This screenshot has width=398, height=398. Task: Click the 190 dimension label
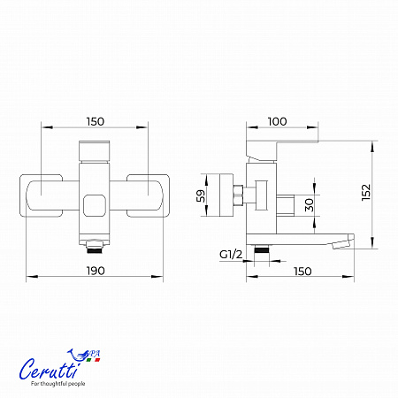tap(96, 271)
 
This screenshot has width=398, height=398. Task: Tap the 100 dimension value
tap(277, 121)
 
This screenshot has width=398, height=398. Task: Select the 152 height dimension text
tap(366, 193)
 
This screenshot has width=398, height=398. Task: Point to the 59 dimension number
tap(201, 195)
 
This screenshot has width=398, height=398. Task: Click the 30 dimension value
tap(310, 205)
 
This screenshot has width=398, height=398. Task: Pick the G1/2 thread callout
tap(231, 254)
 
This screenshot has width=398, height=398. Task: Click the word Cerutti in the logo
tap(50, 369)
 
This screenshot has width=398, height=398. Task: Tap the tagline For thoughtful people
tap(58, 384)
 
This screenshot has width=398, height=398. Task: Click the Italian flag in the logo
tap(93, 360)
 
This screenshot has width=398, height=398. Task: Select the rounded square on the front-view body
tap(95, 205)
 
